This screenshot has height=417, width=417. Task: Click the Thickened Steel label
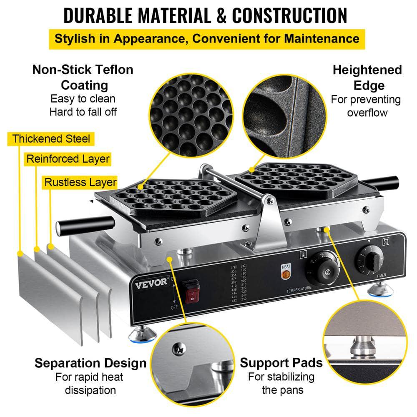coord(51,138)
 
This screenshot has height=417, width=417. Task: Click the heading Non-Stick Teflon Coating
coord(83,77)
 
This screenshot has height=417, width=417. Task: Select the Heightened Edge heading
coord(367,78)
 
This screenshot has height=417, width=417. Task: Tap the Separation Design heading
coord(90,362)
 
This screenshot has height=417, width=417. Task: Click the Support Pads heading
coord(281,362)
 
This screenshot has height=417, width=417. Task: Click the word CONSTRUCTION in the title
coord(289,16)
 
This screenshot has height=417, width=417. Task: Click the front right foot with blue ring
coord(379,288)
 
